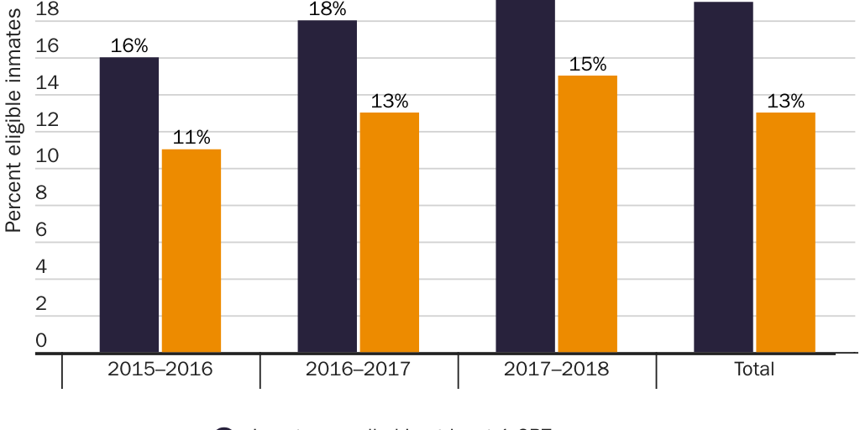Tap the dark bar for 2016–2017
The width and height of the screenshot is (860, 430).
328,186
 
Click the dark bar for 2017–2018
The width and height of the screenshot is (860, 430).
525,176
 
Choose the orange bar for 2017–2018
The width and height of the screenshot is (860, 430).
587,213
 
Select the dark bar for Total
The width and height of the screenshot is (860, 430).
723,176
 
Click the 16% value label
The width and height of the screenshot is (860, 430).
128,46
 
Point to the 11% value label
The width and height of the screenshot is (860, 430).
191,138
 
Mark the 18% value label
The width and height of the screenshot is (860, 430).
328,9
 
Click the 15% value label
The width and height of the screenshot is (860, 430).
587,65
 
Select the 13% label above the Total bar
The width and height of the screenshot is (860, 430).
785,102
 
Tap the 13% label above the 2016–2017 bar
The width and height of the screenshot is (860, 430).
390,102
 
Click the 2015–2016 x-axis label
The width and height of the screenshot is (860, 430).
160,369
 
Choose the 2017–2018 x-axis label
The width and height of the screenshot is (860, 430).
557,369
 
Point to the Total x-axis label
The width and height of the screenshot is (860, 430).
754,369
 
